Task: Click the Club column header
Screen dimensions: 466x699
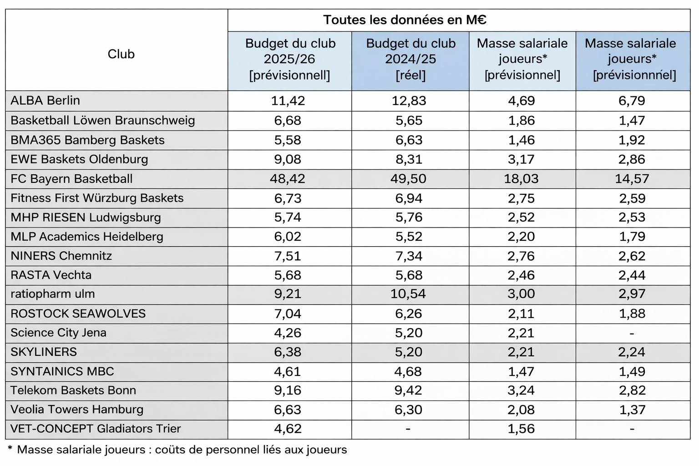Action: (121, 54)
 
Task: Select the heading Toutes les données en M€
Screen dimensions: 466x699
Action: (405, 20)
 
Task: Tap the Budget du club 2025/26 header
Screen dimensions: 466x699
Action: (290, 59)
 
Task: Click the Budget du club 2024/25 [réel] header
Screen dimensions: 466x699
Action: (410, 59)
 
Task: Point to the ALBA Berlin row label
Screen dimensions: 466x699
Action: (46, 101)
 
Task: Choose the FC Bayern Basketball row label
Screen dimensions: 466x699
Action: (71, 179)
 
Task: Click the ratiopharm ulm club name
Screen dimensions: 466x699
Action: (53, 294)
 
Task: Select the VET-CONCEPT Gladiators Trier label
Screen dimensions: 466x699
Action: (96, 429)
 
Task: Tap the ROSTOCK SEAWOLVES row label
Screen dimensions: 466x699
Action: (78, 314)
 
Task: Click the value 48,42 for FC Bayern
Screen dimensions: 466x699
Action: (288, 179)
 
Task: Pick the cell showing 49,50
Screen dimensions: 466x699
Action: (408, 179)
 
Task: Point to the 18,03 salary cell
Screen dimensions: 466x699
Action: (521, 179)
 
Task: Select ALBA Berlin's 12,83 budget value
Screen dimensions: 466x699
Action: (409, 101)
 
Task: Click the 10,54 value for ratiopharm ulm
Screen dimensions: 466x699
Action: (408, 294)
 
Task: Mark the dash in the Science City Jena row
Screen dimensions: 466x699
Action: (632, 334)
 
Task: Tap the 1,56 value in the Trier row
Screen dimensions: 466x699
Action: (521, 429)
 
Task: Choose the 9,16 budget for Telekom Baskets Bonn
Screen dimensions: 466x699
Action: (288, 390)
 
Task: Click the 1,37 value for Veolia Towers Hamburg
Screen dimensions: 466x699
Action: (632, 410)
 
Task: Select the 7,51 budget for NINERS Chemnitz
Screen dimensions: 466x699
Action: (288, 256)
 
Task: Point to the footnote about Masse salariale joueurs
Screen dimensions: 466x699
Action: (177, 450)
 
